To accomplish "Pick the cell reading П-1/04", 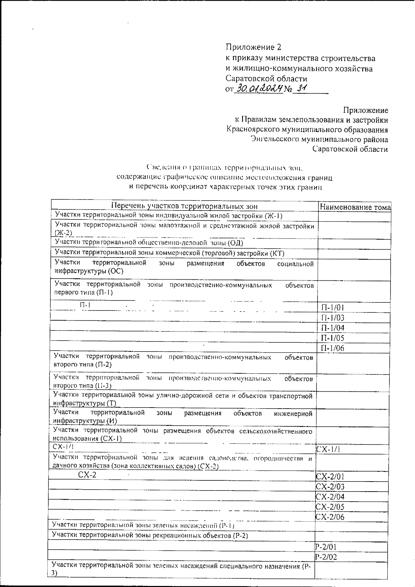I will point(332,328).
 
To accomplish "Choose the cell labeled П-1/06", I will point(332,348).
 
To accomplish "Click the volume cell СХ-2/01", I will point(330,477).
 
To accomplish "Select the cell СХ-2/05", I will point(330,507).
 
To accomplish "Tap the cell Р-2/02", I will point(326,557).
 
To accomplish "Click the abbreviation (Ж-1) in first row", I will point(274,216).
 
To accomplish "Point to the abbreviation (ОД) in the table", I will point(235,243).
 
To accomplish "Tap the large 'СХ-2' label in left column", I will point(87,475).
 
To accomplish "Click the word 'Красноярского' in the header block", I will point(254,130).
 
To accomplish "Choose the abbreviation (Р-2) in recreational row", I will point(240,536).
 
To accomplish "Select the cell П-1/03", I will point(332,318).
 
